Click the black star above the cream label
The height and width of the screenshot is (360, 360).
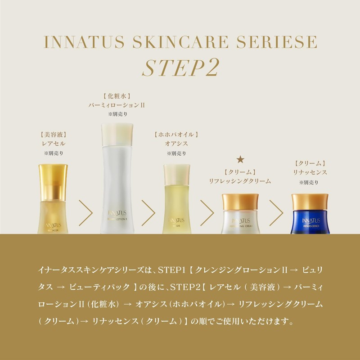coord(240,159)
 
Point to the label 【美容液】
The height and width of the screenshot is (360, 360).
coord(54,134)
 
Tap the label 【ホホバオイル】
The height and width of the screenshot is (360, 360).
coord(176,134)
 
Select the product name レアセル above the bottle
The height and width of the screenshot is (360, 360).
coord(54,144)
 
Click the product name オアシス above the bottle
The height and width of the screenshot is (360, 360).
coord(176,144)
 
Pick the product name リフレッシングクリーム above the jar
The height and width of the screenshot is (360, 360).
coord(240,180)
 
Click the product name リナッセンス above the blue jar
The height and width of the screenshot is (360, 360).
coord(309,172)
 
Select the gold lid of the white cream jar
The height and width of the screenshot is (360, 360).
coord(240,201)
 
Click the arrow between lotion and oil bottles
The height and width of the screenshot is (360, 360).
coord(148,209)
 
